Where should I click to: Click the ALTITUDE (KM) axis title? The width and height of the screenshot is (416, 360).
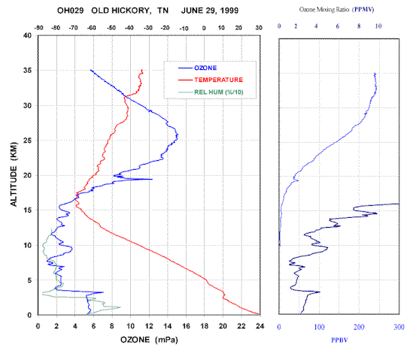click(14, 174)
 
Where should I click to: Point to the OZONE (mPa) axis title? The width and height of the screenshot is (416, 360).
click(149, 340)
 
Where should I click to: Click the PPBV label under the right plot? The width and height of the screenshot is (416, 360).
click(339, 340)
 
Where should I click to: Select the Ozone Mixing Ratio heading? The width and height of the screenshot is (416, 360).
click(324, 10)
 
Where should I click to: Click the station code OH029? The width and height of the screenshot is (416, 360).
click(70, 11)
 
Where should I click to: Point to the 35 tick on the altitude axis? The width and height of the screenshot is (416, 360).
click(27, 71)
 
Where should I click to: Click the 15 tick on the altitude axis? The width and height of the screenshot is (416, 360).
click(27, 210)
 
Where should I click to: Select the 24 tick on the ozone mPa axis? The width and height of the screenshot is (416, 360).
click(260, 326)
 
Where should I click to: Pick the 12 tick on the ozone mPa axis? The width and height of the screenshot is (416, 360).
click(149, 326)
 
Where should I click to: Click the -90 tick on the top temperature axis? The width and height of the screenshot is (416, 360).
click(38, 28)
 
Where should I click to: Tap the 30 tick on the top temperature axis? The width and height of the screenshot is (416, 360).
click(259, 28)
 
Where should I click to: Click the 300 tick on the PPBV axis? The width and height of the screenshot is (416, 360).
click(399, 327)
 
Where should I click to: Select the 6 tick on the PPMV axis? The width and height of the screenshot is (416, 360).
click(338, 26)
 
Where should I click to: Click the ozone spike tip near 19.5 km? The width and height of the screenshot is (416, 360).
click(152, 179)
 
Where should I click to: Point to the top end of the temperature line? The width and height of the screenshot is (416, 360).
click(142, 70)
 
